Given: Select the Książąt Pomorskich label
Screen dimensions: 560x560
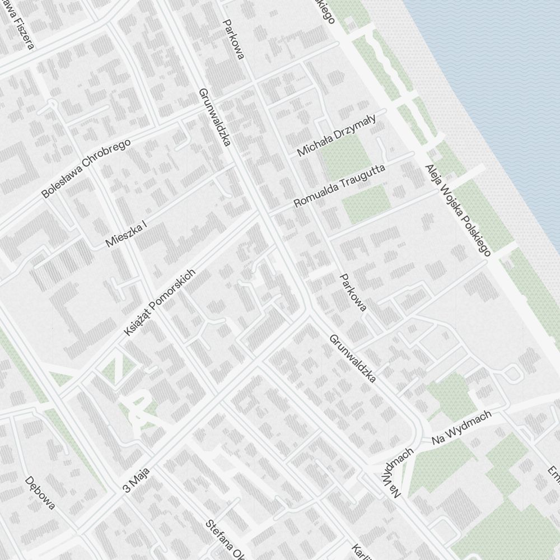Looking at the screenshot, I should (160, 303).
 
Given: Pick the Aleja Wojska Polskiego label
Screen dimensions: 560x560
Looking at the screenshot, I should (458, 210).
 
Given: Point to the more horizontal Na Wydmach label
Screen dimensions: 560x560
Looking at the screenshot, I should (461, 427).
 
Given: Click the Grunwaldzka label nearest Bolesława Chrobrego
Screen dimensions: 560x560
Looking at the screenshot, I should (215, 116).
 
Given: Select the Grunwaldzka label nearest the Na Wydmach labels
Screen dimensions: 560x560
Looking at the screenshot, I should (352, 358).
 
